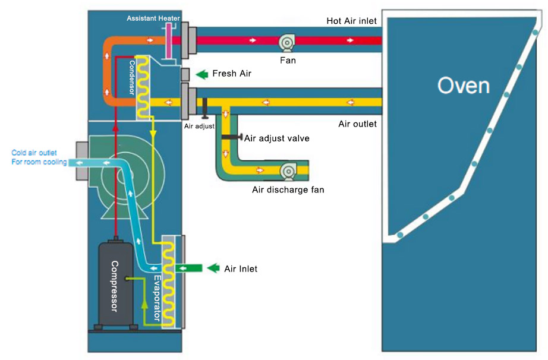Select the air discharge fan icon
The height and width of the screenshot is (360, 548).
288,171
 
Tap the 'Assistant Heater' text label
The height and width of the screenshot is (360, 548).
153,18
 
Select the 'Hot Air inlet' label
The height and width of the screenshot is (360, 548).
351,21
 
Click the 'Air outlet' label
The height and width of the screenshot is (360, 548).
357,124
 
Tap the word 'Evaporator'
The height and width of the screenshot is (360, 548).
157,297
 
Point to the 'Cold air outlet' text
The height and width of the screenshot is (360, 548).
34,153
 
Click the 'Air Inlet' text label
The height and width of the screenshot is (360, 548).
241,269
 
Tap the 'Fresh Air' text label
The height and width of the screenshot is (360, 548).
232,74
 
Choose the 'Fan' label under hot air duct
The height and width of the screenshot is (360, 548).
288,60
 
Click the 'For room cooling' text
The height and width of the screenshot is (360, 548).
39,162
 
